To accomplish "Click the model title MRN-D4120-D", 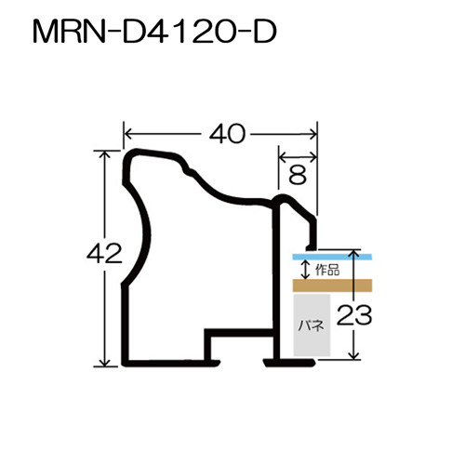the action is point(154,32).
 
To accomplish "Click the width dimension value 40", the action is point(227,134).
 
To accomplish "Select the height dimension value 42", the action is point(104,253).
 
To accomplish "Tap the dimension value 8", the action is point(298,175).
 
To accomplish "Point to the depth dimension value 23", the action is point(354,315).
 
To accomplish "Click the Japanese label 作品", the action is point(327,270).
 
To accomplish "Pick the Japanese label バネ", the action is point(312,325).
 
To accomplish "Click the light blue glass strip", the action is point(332,257).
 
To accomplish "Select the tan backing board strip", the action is point(332,286).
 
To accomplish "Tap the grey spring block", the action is point(312,325).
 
